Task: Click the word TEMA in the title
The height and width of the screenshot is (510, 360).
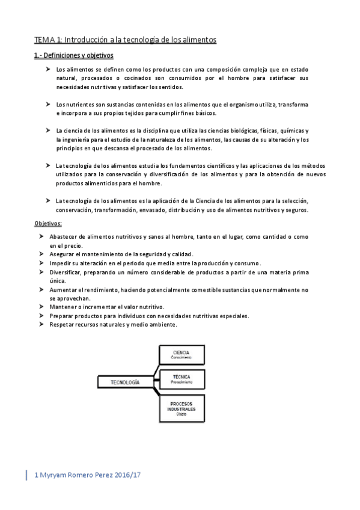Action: (x=44, y=40)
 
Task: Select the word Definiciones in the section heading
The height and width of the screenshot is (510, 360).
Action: (x=63, y=56)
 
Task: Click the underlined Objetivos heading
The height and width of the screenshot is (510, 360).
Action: (x=52, y=223)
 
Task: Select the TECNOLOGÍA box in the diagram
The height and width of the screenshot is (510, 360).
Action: (x=125, y=382)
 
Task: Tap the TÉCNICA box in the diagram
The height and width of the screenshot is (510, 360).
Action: (x=181, y=379)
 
